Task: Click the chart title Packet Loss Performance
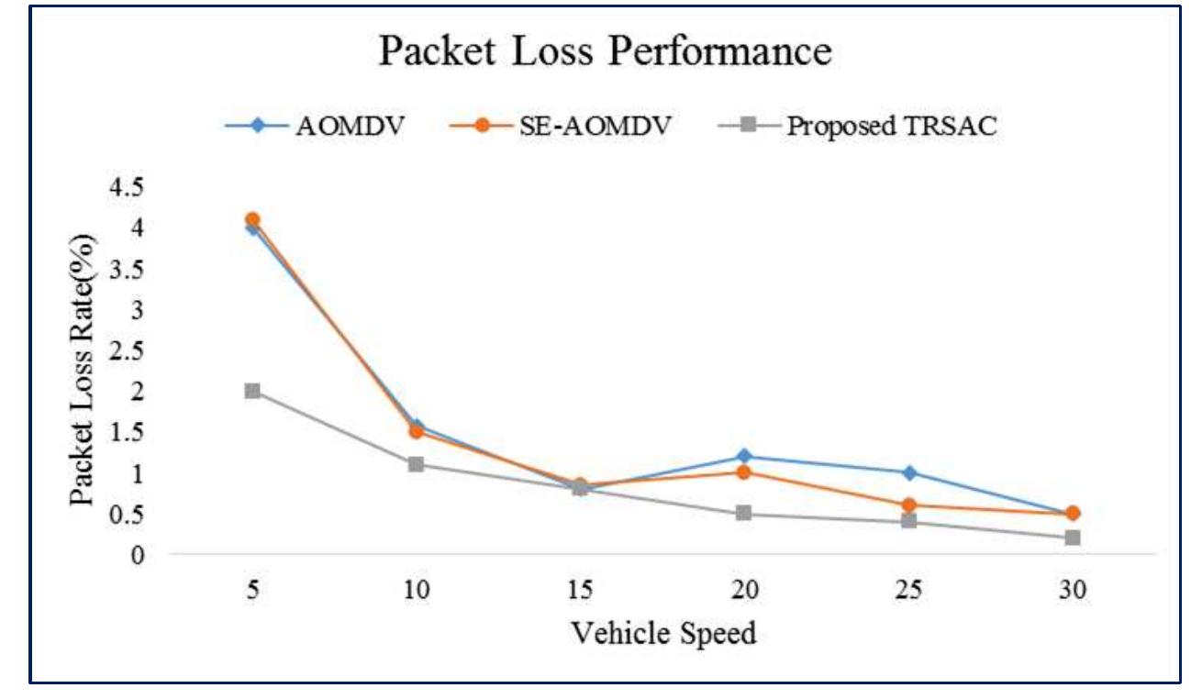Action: (605, 52)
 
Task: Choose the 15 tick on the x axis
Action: (579, 590)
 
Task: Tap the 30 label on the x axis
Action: (1073, 590)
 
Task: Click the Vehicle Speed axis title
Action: (663, 632)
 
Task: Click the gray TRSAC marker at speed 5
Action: (252, 391)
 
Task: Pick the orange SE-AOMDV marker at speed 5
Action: (252, 220)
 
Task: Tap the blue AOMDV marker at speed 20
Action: (744, 456)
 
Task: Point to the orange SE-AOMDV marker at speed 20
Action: (744, 472)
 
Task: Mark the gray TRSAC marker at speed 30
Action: (1073, 538)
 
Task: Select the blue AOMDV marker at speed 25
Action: (908, 472)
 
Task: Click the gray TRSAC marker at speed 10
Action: (417, 464)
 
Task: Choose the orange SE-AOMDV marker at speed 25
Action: (908, 505)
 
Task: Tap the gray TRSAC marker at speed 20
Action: (744, 513)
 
